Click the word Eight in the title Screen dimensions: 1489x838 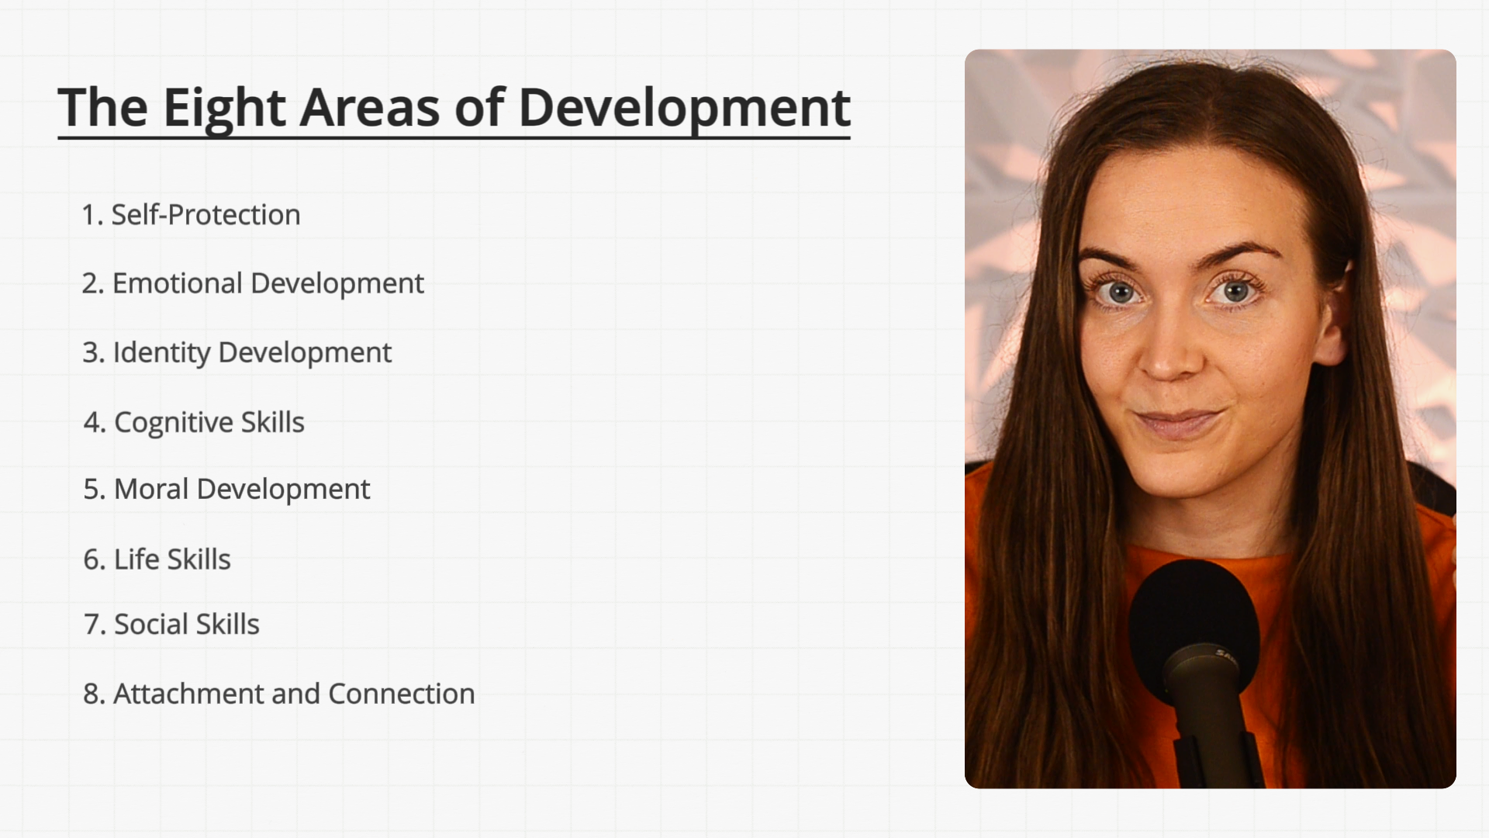(x=224, y=109)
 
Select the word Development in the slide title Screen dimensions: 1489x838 (x=684, y=109)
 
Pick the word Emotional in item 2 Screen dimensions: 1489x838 (x=178, y=283)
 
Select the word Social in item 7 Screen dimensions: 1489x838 (x=147, y=624)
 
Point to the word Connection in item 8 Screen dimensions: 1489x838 (x=402, y=694)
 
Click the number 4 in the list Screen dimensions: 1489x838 (x=92, y=423)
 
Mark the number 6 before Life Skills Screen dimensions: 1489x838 (x=92, y=559)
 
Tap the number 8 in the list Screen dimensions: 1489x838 (x=92, y=694)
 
